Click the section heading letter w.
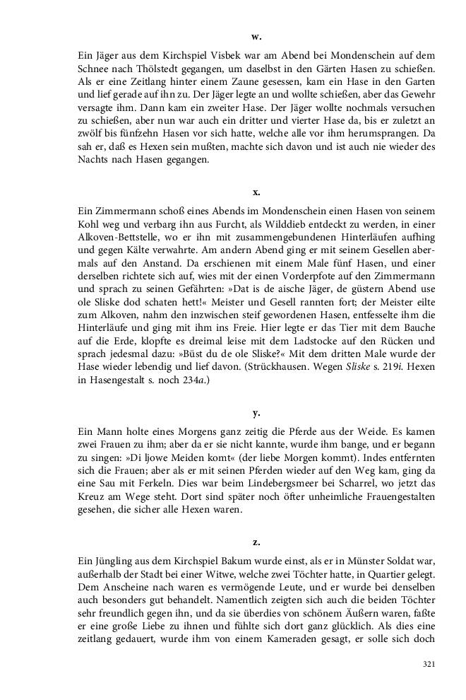coord(256,36)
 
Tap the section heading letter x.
coord(256,192)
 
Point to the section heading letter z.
coord(256,542)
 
